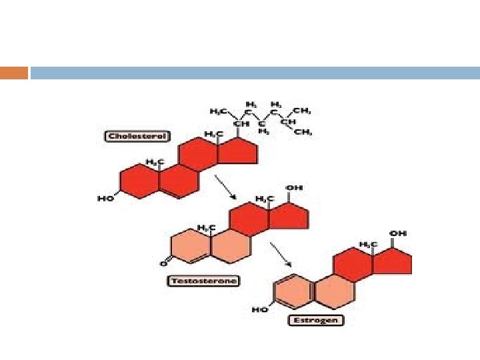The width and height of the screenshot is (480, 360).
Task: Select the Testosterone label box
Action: [x=195, y=281]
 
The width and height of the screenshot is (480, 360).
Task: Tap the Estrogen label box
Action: [x=316, y=320]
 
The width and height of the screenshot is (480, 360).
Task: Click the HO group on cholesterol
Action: [x=107, y=198]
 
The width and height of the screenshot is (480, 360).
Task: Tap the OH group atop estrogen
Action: [x=398, y=233]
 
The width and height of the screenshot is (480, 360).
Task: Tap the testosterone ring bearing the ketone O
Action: [x=191, y=245]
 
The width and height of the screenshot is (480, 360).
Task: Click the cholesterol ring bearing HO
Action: [x=135, y=180]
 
